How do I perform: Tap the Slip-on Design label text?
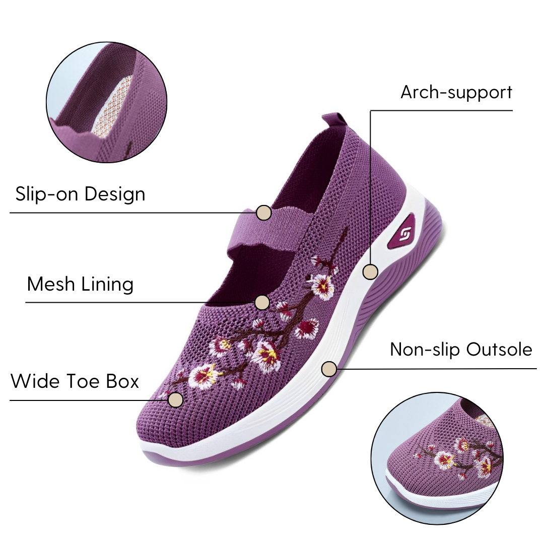[80, 194]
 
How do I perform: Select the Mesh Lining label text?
[80, 285]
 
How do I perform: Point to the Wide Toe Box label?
[75, 381]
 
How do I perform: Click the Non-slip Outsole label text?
[461, 350]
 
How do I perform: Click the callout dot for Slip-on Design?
[263, 213]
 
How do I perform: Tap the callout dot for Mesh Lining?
[262, 303]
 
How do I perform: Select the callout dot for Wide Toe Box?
[176, 399]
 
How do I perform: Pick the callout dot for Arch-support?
[370, 271]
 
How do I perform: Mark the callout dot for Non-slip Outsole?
[329, 369]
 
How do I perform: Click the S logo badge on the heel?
[403, 233]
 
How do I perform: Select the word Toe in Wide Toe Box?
[84, 381]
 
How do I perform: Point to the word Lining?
[107, 285]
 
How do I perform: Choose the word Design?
[115, 194]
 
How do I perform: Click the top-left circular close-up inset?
[106, 102]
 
